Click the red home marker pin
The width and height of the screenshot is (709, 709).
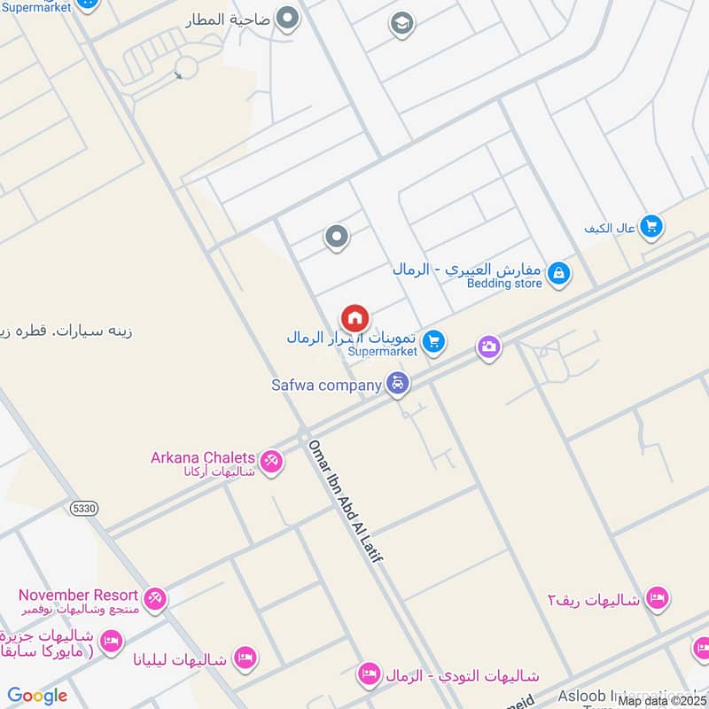pos(355,318)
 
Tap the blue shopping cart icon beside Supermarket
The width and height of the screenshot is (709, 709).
pos(432,341)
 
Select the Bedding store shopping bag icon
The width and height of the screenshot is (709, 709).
pos(558,275)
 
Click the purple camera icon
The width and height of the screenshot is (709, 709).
pos(489,348)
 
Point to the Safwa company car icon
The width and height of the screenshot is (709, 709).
pos(399,385)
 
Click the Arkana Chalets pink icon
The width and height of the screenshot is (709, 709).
pos(271,461)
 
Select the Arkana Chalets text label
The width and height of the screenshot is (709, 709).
pos(203,458)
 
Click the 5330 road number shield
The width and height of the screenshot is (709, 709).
pos(80,506)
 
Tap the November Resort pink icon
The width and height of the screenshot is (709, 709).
pos(155,600)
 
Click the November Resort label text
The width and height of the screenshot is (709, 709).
pos(78,596)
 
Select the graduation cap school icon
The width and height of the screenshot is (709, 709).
pos(401,24)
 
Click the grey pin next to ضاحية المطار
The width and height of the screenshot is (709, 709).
pos(286,18)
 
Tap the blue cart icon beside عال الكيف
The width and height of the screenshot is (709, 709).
pos(651,228)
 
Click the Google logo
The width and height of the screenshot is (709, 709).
pos(37,696)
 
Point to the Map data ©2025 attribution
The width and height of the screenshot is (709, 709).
pos(662,700)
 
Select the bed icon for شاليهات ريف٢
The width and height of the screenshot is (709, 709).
pos(657,598)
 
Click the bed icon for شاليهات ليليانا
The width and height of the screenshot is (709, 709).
pos(245,658)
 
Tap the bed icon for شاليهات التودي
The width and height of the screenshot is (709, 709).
pos(369,675)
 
